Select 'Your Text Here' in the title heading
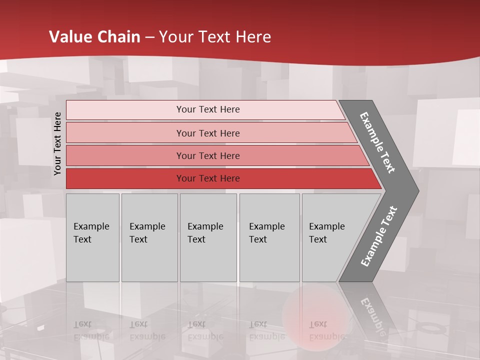tap(215, 37)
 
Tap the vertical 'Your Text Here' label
tap(57, 143)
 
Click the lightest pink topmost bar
tap(207, 109)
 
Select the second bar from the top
tap(207, 133)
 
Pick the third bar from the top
tap(207, 155)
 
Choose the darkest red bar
tap(207, 178)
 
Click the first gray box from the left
tap(92, 237)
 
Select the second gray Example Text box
tap(149, 237)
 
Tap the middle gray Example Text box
tap(208, 237)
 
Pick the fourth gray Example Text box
tap(269, 237)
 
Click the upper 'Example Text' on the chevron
tap(378, 142)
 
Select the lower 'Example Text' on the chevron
tap(379, 236)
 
